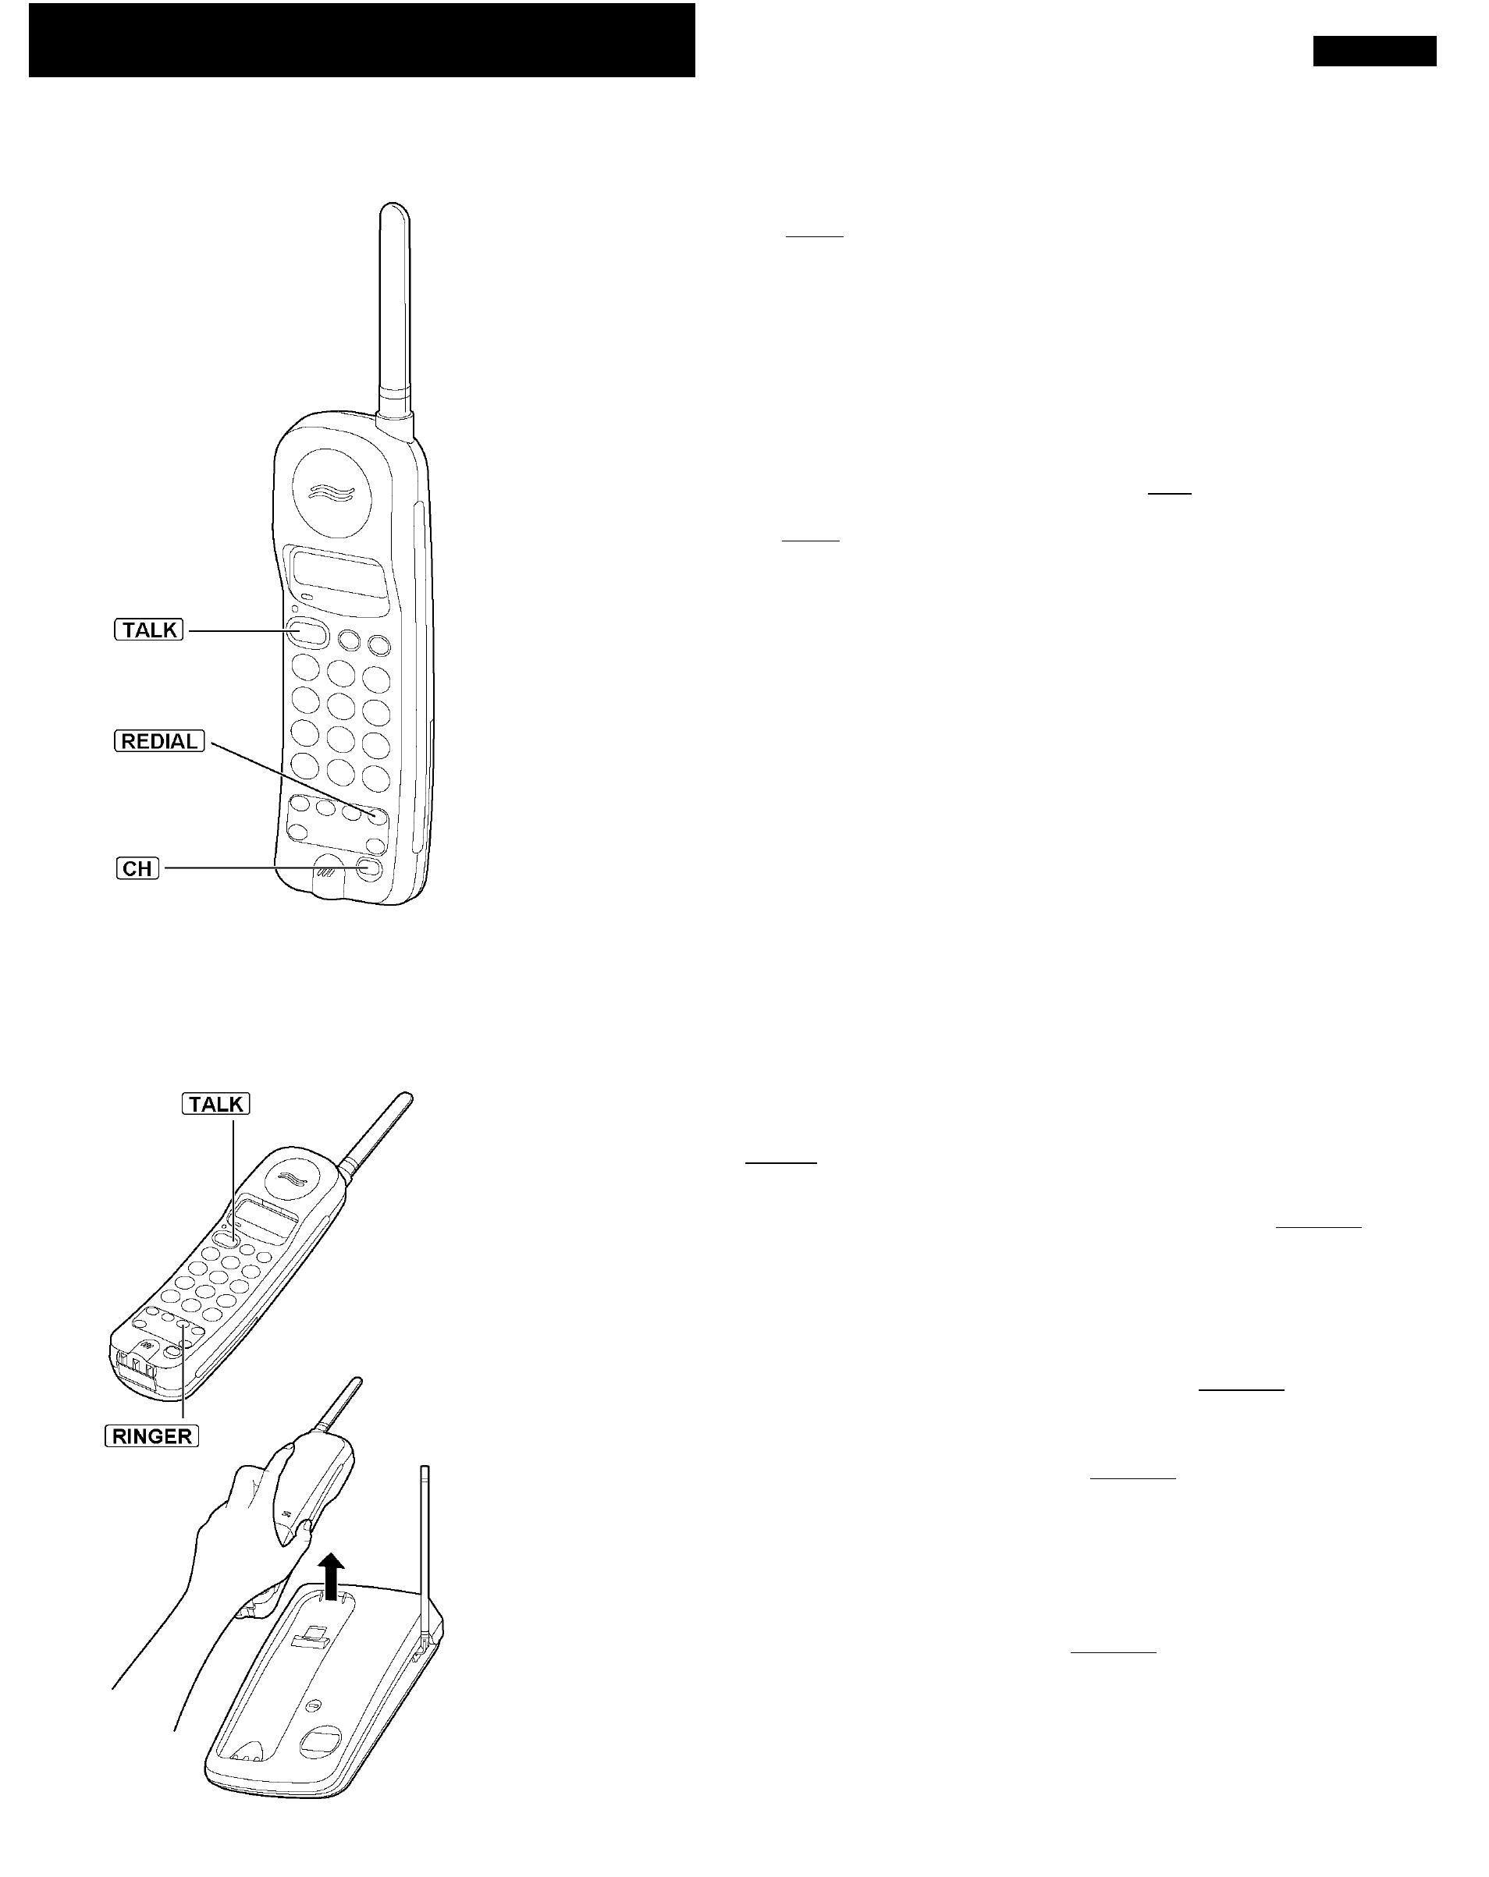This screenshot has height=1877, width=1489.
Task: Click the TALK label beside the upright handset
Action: (x=149, y=630)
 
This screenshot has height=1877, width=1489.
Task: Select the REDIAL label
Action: (x=159, y=741)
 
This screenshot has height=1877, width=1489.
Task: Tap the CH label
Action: (x=137, y=868)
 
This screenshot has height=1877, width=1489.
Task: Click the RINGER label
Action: (x=151, y=1436)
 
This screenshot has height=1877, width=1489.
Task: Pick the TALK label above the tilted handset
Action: (x=216, y=1104)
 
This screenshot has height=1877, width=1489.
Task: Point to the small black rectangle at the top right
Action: (x=1374, y=51)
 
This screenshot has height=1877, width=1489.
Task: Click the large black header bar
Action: (x=361, y=40)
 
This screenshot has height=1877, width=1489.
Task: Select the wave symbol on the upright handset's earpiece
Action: (x=332, y=493)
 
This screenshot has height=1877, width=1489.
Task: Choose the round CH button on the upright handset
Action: (x=368, y=869)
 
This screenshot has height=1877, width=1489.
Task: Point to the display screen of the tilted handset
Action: (x=266, y=1221)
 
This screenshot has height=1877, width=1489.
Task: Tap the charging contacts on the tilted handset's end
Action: (x=137, y=1367)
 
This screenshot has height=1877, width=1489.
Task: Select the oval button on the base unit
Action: (x=322, y=1740)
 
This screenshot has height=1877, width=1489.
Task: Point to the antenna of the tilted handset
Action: (x=377, y=1128)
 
